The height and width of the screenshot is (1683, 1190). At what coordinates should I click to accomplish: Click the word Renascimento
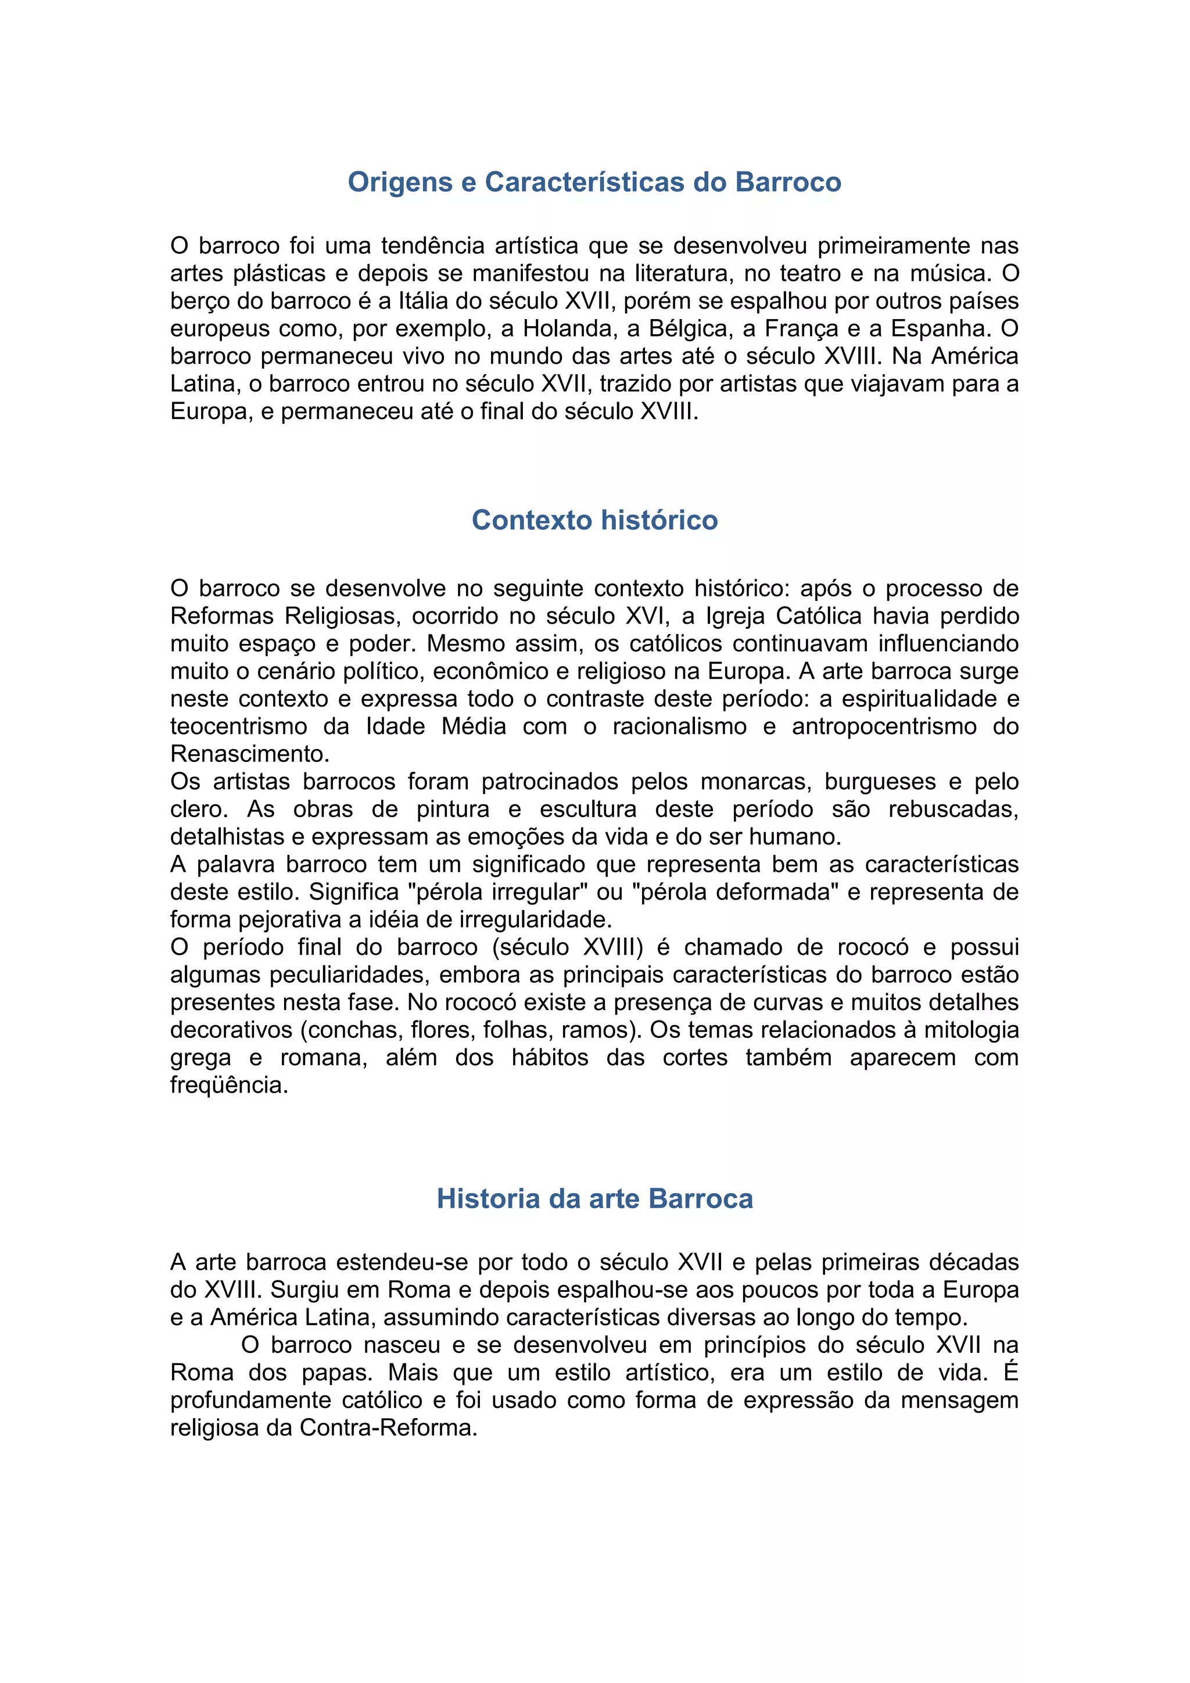[x=249, y=754]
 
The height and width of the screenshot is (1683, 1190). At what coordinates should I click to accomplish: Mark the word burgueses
[x=880, y=782]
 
